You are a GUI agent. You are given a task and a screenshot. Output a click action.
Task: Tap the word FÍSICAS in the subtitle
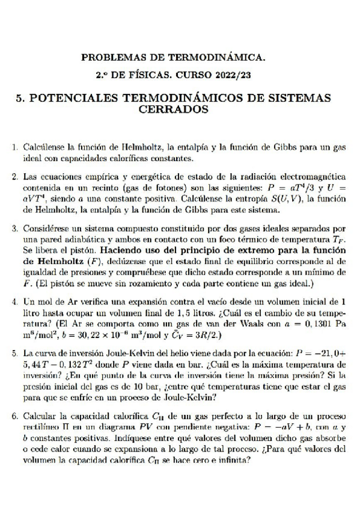[160, 76]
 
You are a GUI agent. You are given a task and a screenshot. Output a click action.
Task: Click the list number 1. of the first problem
[15, 147]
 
